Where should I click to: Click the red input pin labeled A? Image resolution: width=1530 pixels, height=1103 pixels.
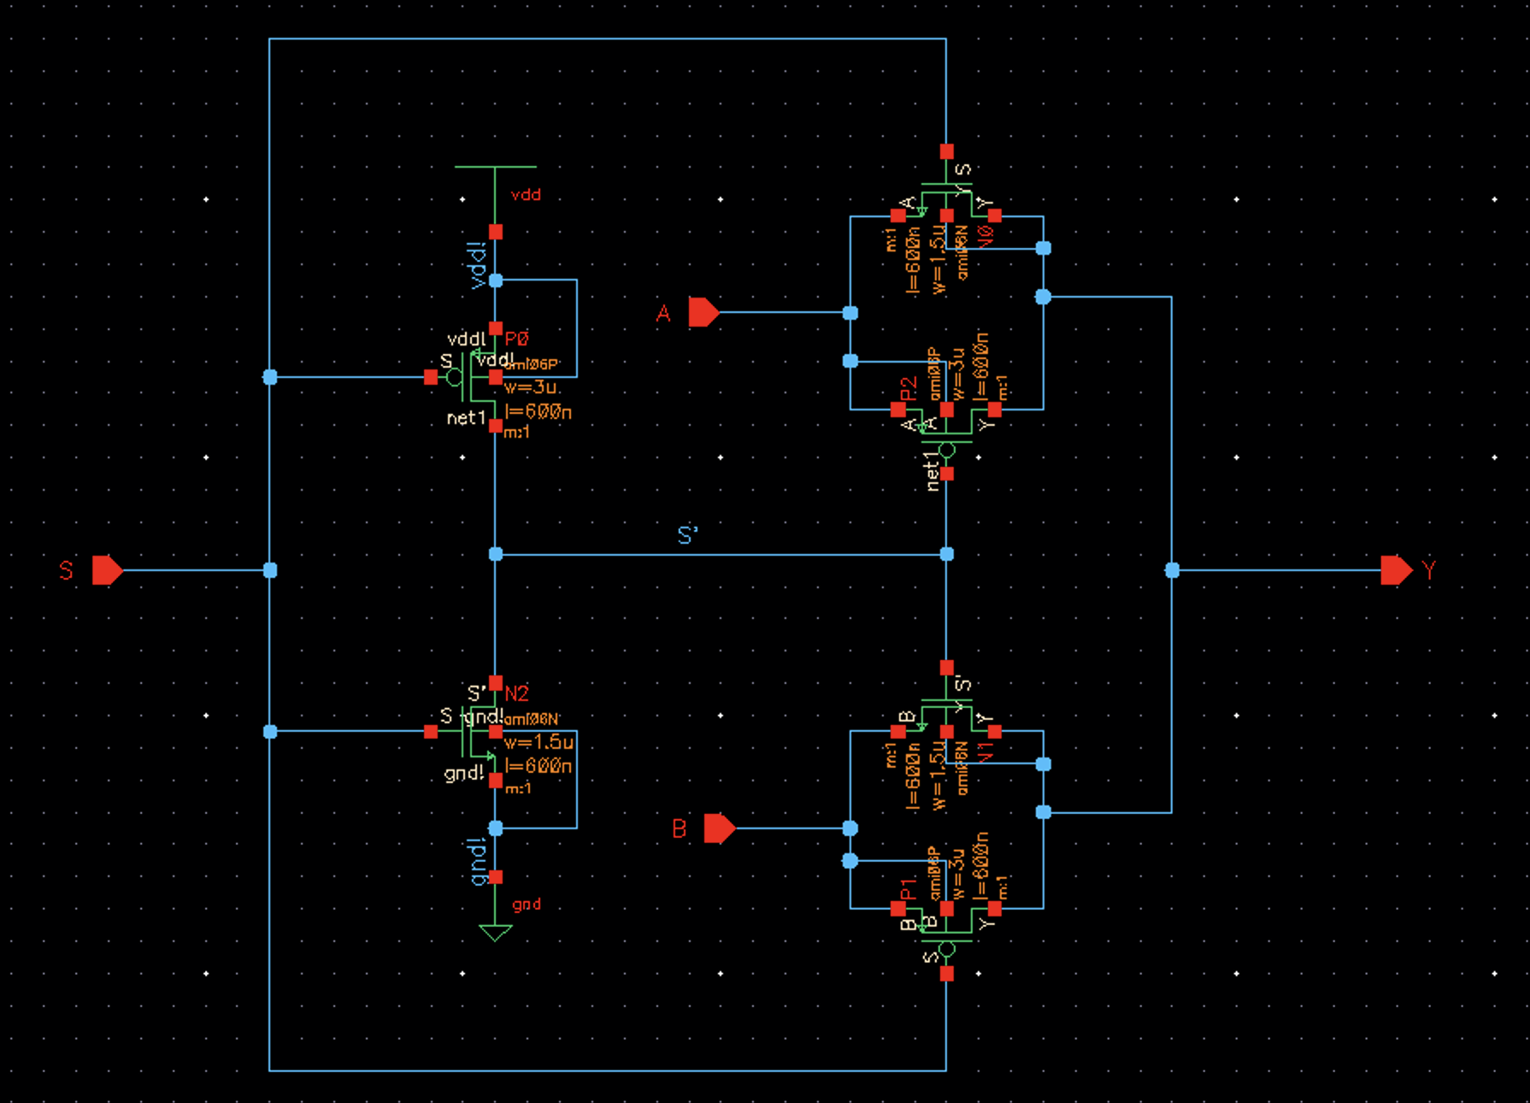pyautogui.click(x=703, y=312)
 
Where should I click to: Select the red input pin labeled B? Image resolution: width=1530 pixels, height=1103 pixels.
pyautogui.click(x=719, y=828)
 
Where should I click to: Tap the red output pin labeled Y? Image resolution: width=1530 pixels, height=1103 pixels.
pyautogui.click(x=1396, y=569)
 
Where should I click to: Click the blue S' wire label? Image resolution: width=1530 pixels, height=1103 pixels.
pyautogui.click(x=687, y=536)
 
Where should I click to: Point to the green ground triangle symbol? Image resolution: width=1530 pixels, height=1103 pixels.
pyautogui.click(x=495, y=932)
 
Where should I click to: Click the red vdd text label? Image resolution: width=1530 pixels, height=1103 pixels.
pyautogui.click(x=526, y=195)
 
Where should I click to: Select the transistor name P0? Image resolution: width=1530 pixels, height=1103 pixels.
pyautogui.click(x=517, y=339)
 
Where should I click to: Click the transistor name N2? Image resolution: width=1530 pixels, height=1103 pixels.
pyautogui.click(x=517, y=693)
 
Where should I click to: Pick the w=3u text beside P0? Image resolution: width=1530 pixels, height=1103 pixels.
pyautogui.click(x=532, y=388)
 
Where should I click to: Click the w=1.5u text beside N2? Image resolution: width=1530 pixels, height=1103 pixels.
pyautogui.click(x=538, y=742)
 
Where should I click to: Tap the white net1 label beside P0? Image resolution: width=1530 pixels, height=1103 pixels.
pyautogui.click(x=466, y=418)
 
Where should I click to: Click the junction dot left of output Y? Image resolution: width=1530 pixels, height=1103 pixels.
pyautogui.click(x=1172, y=570)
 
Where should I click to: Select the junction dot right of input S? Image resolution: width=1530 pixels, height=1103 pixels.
pyautogui.click(x=270, y=570)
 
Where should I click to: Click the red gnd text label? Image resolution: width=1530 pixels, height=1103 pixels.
pyautogui.click(x=527, y=905)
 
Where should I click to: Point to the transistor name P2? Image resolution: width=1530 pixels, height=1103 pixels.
pyautogui.click(x=909, y=389)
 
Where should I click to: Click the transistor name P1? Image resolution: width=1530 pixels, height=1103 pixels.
pyautogui.click(x=909, y=889)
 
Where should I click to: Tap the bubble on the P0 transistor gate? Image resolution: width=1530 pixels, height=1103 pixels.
pyautogui.click(x=455, y=377)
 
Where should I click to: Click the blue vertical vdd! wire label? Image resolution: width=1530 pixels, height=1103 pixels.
pyautogui.click(x=478, y=265)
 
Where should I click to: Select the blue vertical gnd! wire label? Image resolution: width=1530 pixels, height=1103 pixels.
pyautogui.click(x=478, y=861)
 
